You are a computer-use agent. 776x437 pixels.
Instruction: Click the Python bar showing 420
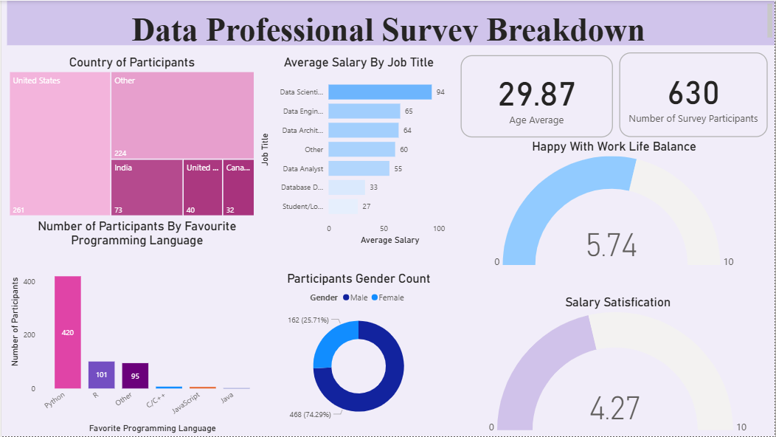tap(68, 332)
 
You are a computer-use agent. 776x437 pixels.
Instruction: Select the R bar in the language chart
tap(101, 374)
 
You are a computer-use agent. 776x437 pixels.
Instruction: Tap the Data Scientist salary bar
tap(380, 92)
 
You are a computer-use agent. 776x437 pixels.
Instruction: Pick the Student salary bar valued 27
tap(343, 207)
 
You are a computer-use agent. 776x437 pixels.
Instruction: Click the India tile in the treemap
tap(147, 187)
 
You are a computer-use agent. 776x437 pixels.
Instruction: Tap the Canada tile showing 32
tap(238, 187)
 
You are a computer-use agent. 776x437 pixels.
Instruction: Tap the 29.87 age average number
tap(536, 94)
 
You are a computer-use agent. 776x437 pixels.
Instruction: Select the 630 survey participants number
tap(693, 93)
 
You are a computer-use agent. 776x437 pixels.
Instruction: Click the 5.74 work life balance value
tap(611, 245)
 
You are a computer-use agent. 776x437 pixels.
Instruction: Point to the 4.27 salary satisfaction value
tap(614, 408)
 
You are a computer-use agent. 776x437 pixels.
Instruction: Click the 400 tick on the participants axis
tap(29, 282)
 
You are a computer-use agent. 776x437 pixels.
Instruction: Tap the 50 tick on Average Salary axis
tap(384, 229)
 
